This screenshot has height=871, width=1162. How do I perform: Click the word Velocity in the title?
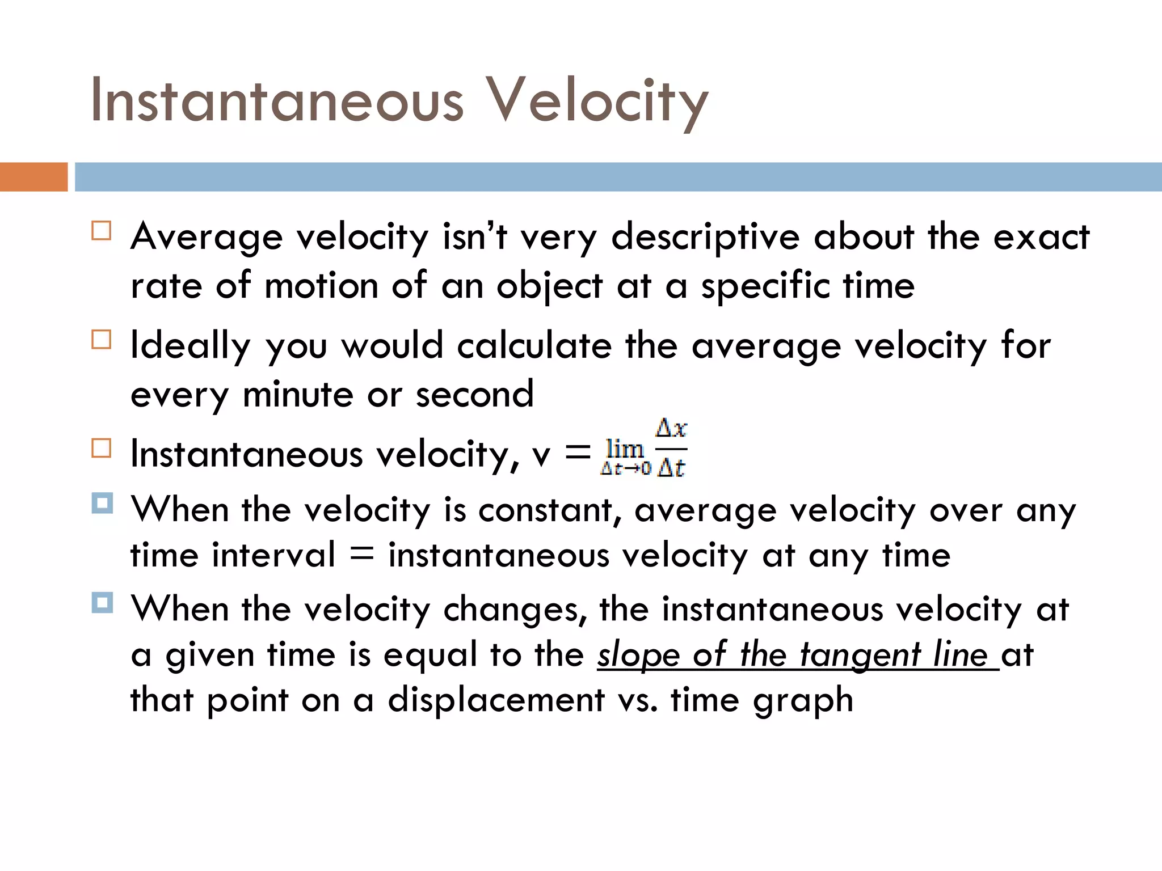pyautogui.click(x=597, y=101)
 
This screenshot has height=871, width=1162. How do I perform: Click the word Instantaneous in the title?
pyautogui.click(x=277, y=101)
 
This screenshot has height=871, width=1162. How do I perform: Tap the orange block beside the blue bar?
pyautogui.click(x=33, y=177)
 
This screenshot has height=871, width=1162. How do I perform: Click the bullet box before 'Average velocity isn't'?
pyautogui.click(x=102, y=231)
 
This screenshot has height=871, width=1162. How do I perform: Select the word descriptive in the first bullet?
pyautogui.click(x=705, y=237)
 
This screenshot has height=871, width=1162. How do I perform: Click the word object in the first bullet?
pyautogui.click(x=549, y=286)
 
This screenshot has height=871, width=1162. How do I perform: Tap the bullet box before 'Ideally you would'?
pyautogui.click(x=102, y=340)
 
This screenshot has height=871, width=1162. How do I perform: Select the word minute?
pyautogui.click(x=298, y=395)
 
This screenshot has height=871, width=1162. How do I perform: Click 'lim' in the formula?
pyautogui.click(x=624, y=449)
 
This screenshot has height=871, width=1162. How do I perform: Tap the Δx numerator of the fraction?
pyautogui.click(x=671, y=428)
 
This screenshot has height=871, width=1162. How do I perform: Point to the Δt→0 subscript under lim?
pyautogui.click(x=625, y=469)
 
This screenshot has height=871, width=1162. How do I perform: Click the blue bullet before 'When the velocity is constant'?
pyautogui.click(x=102, y=503)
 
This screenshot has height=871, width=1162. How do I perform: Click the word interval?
pyautogui.click(x=273, y=555)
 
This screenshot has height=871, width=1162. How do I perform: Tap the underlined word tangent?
pyautogui.click(x=860, y=656)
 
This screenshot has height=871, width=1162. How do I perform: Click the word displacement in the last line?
pyautogui.click(x=496, y=700)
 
